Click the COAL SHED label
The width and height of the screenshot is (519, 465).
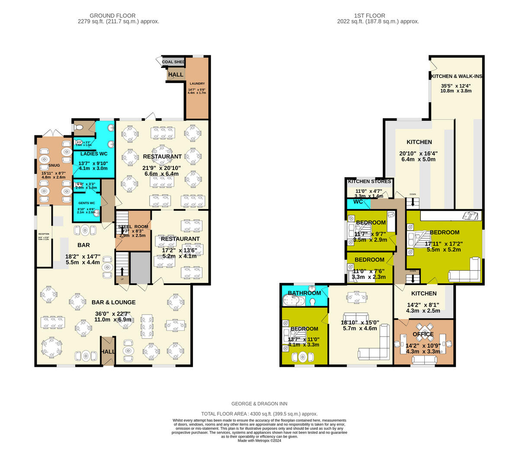[x=173, y=62]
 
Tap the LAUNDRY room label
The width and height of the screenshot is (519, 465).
[x=197, y=83]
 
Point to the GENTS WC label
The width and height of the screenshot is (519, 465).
[x=86, y=203]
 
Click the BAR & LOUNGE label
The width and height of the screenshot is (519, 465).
[x=113, y=302]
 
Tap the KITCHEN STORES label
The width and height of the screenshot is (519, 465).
[x=369, y=181]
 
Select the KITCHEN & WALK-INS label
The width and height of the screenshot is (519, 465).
[x=456, y=76]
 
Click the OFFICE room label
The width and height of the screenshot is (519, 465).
[x=423, y=334]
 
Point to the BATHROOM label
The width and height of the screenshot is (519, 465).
[x=304, y=293]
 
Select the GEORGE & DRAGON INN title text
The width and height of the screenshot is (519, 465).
[x=259, y=404]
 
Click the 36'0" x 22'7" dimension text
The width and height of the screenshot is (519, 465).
[x=112, y=314]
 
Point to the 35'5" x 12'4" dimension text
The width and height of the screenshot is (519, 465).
[x=455, y=86]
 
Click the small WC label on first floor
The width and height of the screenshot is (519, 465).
[x=358, y=202]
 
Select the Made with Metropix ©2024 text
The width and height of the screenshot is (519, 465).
[x=259, y=441]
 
